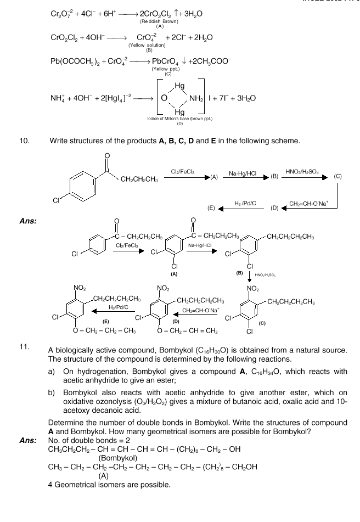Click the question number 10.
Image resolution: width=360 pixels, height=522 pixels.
(x=24, y=141)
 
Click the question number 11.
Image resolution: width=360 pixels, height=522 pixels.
(x=24, y=346)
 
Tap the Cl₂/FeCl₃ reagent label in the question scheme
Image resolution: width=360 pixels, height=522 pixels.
(x=183, y=172)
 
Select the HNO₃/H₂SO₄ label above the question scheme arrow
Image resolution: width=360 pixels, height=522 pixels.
(x=302, y=172)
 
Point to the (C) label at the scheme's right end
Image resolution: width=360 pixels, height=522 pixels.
(x=337, y=176)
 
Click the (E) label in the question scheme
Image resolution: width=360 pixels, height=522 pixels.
(x=211, y=209)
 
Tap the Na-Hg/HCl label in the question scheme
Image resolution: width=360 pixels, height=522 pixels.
(x=243, y=173)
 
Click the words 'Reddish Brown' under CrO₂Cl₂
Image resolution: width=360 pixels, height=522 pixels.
(x=159, y=21)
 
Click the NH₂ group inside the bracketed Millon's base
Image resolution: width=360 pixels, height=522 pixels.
(x=195, y=98)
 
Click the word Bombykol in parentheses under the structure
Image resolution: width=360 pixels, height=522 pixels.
(x=118, y=458)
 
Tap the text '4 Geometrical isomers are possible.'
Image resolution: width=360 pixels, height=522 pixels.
(x=109, y=485)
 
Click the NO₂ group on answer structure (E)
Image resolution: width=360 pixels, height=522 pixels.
(x=80, y=288)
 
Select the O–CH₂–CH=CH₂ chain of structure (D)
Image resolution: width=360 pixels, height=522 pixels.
(x=188, y=331)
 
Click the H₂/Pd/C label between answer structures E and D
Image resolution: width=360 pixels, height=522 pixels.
(x=118, y=307)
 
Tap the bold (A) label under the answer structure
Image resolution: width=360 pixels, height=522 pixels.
(x=174, y=274)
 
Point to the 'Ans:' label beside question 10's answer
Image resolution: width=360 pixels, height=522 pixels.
(x=28, y=221)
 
